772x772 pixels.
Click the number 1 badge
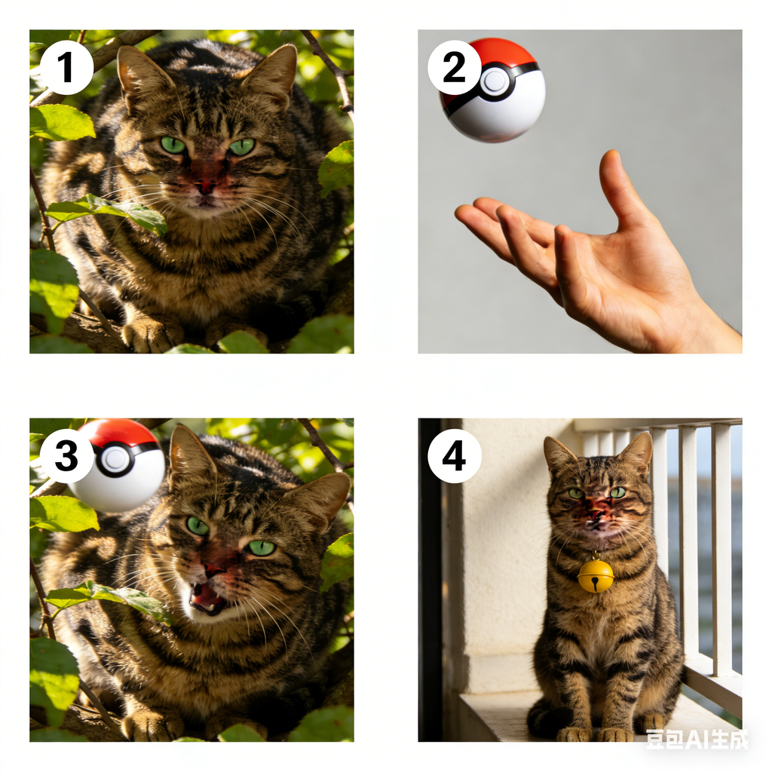click(66, 68)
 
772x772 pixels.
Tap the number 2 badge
click(454, 67)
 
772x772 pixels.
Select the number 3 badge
click(66, 456)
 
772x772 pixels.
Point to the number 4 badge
click(454, 456)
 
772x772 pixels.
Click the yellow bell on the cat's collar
click(596, 575)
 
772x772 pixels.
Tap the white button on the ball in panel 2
click(495, 81)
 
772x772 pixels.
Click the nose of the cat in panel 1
click(205, 187)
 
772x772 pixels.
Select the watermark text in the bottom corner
click(696, 739)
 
